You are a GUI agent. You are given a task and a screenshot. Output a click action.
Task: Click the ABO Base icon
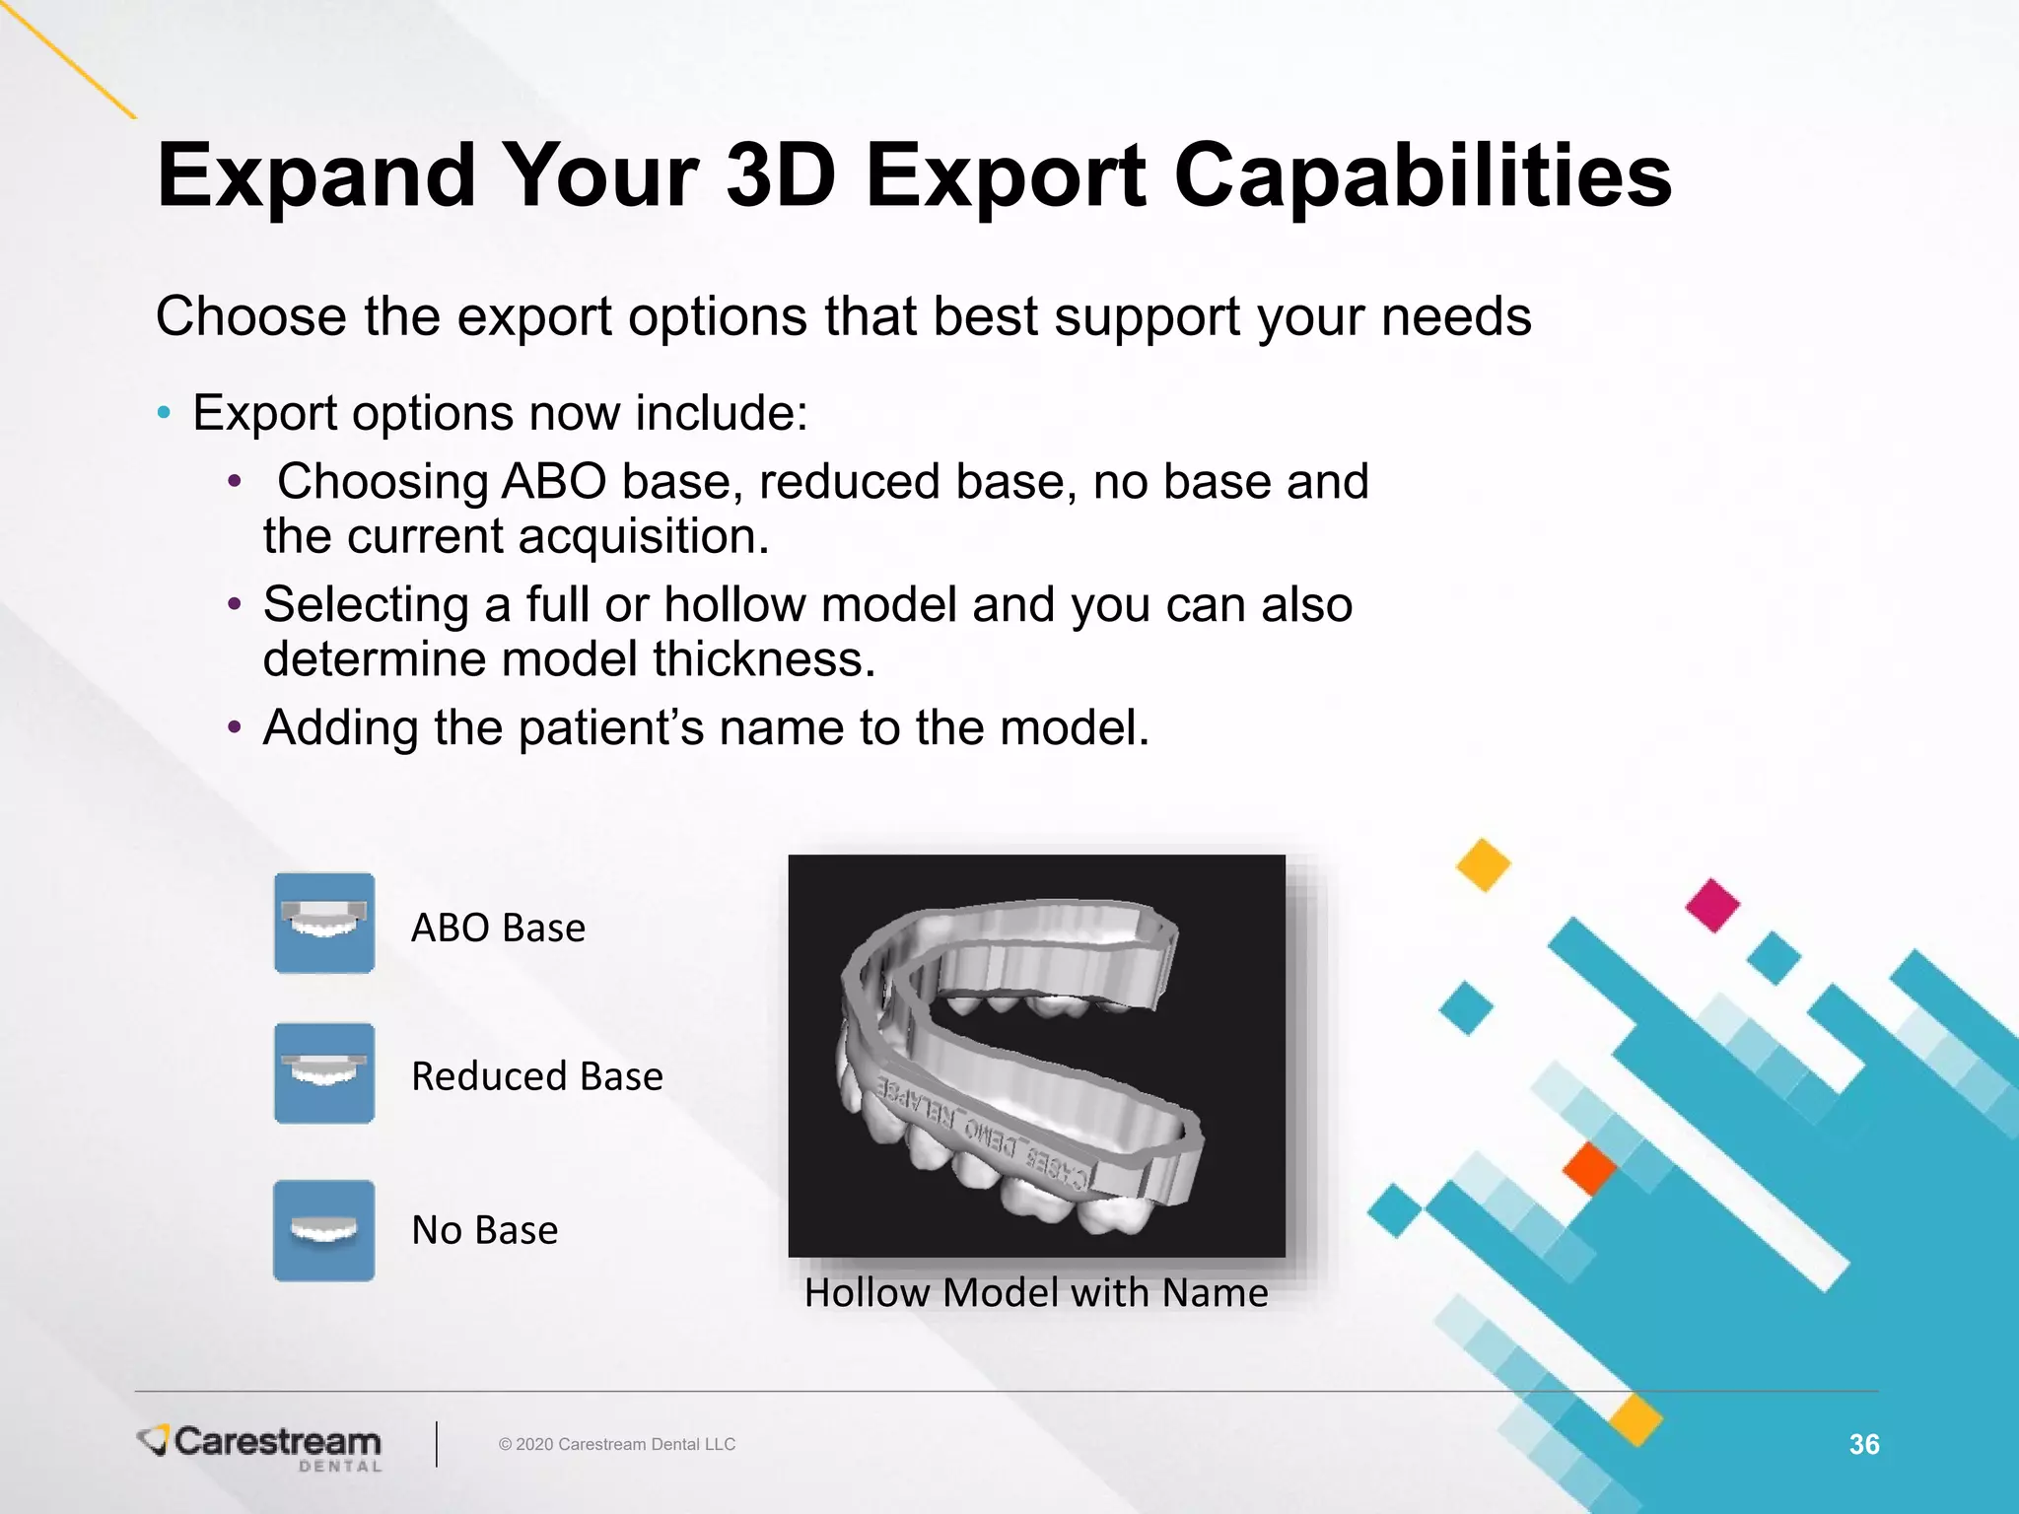pos(324,924)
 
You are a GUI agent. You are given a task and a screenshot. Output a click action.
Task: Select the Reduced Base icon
pos(324,1073)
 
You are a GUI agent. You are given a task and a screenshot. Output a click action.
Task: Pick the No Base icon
pos(324,1231)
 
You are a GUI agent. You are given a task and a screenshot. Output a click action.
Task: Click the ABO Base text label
pos(498,929)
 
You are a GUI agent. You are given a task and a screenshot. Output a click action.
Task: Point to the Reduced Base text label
pos(537,1076)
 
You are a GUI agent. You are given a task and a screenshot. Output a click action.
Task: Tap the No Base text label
pos(484,1231)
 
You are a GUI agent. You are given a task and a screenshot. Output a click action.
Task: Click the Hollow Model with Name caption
pos(1036,1293)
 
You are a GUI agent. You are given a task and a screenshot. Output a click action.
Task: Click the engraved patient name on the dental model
pos(986,1134)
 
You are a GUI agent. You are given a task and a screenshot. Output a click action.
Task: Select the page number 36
pos(1863,1444)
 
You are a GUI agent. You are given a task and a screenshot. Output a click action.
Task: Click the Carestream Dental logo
pos(261,1446)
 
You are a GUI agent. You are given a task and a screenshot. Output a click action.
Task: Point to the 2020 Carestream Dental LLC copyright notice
pos(617,1444)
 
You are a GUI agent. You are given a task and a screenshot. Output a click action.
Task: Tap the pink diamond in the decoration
pos(1712,905)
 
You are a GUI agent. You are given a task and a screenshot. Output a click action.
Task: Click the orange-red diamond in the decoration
pos(1589,1168)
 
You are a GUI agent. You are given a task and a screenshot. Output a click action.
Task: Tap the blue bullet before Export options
pos(164,413)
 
